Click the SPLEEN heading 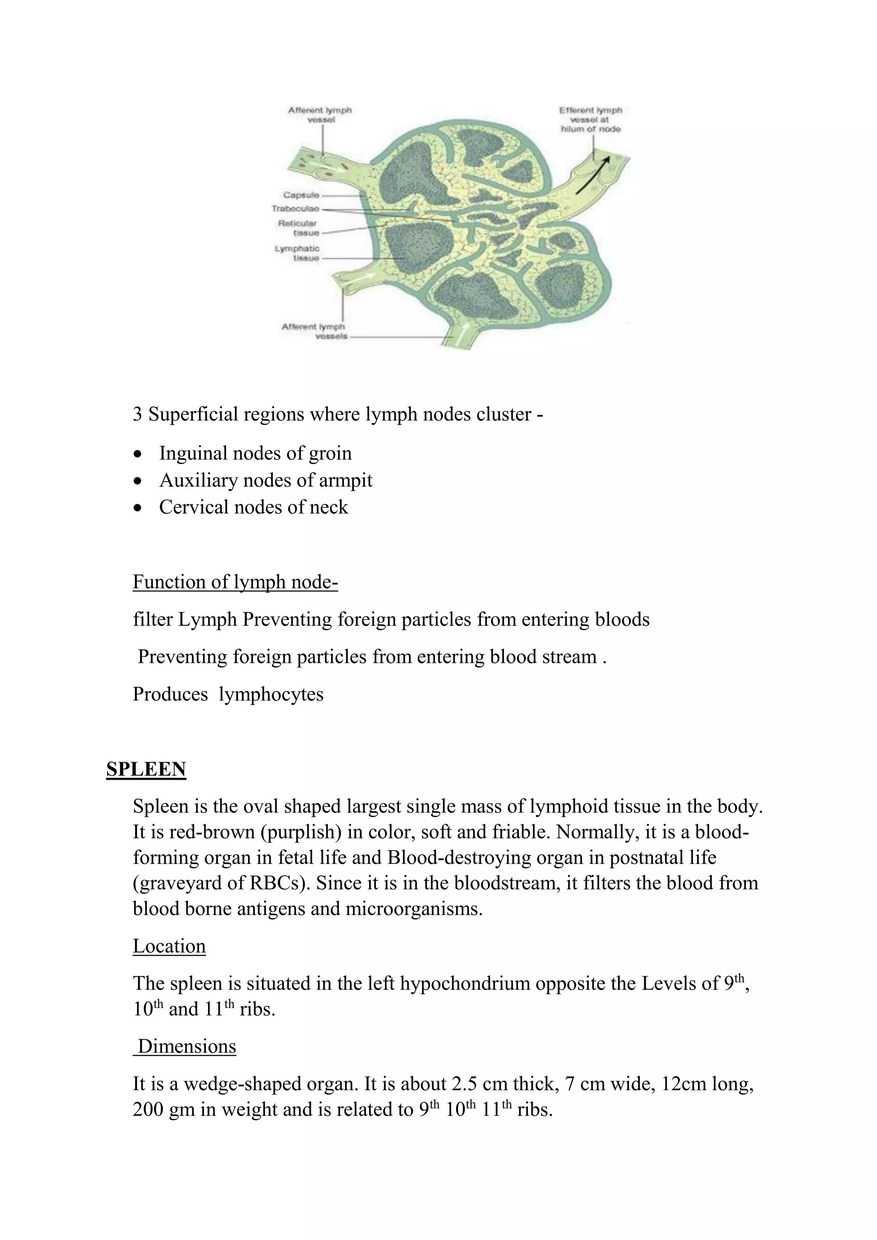pos(146,769)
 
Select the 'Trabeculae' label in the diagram pos(295,209)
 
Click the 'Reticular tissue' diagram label pos(298,228)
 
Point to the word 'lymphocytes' pos(271,694)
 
